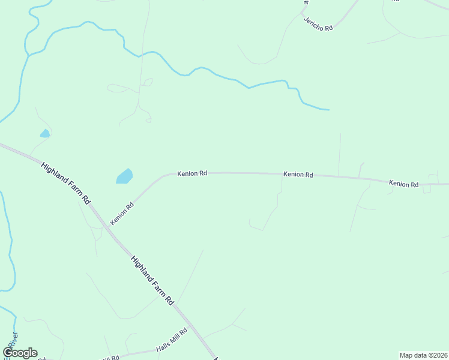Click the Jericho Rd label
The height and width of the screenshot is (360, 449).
coord(318,25)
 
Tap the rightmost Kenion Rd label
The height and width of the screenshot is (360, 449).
coord(403,184)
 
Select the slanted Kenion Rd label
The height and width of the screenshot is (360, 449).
coord(122,214)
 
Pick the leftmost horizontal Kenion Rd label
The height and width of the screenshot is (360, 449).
coord(192,173)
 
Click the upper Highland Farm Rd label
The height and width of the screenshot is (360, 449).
coord(65,182)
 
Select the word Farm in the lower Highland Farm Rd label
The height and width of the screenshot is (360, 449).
coord(154,280)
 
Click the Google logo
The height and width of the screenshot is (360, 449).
coord(20,353)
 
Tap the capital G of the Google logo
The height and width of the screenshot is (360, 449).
coord(8,353)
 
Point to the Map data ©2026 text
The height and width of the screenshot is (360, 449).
coord(423,355)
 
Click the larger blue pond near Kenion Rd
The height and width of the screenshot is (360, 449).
coord(124,176)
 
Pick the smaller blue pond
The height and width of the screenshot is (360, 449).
coord(44,133)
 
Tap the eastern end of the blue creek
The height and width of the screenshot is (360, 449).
coord(328,110)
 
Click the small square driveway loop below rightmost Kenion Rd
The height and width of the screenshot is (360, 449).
coord(427,189)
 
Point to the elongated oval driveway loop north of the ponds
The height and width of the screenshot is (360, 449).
coord(118,88)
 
